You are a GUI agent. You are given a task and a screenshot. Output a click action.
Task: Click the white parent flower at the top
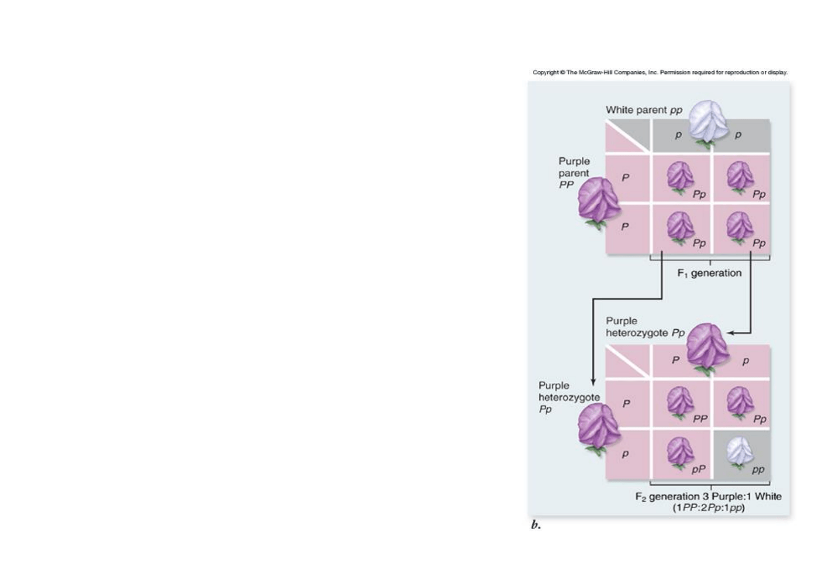708,124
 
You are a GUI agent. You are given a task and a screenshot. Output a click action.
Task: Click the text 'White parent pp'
644,110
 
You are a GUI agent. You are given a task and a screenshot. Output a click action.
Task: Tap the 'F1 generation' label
709,273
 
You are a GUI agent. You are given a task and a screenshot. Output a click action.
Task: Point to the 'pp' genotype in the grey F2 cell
758,469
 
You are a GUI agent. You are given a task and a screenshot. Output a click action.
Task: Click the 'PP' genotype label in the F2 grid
700,419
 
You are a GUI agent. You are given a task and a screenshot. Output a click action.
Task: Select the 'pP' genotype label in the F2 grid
699,469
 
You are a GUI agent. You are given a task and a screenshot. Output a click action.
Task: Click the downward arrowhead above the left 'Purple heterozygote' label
593,381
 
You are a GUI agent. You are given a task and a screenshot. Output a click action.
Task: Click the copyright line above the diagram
660,72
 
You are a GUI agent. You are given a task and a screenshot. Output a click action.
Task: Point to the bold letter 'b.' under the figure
536,525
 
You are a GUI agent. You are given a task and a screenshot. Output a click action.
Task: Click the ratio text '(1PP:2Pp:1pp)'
709,508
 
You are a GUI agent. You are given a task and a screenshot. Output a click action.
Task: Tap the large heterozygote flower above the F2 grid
708,346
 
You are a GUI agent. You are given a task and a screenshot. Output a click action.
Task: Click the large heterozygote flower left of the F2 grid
598,428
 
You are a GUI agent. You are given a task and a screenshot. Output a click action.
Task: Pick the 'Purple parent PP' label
574,173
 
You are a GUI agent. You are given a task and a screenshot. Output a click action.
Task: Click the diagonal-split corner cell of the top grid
628,136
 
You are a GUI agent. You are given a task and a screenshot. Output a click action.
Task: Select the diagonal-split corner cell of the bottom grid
628,362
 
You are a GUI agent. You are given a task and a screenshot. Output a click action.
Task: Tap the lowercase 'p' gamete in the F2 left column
625,454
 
